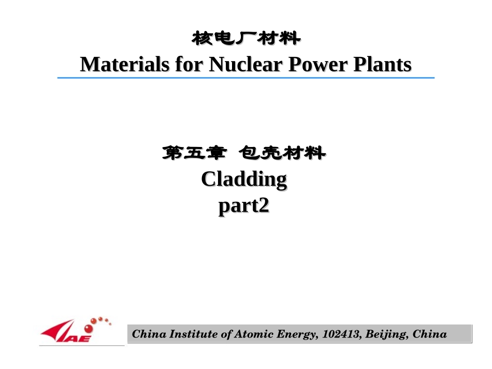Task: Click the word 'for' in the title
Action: tap(186, 65)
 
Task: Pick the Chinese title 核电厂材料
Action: tap(246, 38)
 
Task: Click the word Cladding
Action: tap(244, 180)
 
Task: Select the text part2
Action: tap(244, 206)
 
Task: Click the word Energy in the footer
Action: tap(295, 334)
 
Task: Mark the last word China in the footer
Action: tap(430, 334)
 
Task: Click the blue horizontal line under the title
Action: tap(246, 78)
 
